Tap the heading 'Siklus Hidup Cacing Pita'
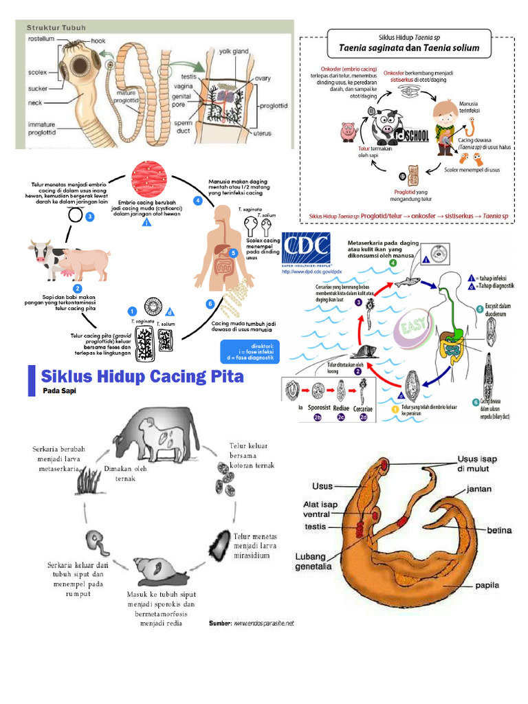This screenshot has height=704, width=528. tap(142, 377)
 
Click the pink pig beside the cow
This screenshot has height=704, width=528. tap(87, 263)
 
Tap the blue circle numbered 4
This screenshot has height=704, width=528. tap(197, 201)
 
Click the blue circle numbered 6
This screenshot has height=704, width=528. tap(209, 302)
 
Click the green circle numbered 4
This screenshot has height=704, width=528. tap(393, 263)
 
